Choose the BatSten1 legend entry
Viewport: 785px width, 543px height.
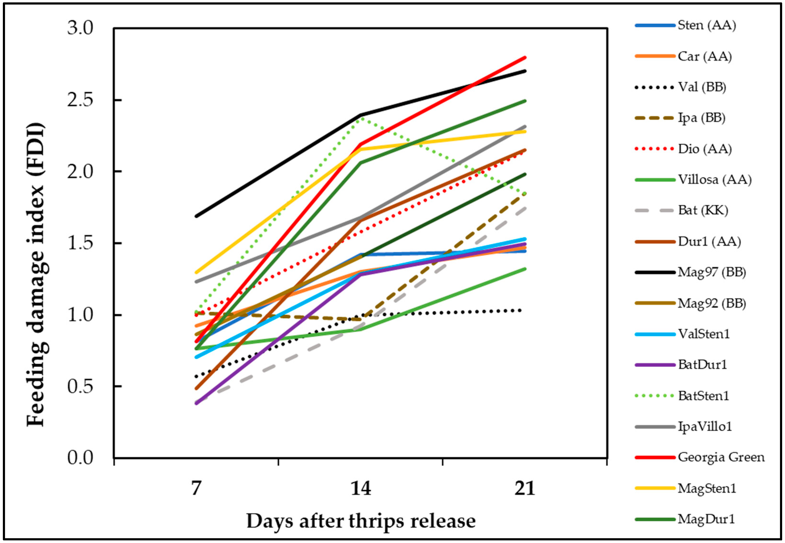click(703, 396)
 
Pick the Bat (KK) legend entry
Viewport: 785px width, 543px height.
click(703, 210)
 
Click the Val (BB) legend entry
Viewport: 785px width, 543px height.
click(702, 87)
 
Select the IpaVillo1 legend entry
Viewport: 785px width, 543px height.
click(705, 426)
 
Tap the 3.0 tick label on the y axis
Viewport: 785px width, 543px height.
click(80, 28)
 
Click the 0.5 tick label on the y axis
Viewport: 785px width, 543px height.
click(80, 387)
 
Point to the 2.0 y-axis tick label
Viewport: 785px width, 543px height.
click(80, 172)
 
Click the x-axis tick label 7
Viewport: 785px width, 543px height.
click(196, 489)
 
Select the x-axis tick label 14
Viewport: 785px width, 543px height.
click(361, 489)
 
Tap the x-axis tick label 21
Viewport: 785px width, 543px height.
click(525, 489)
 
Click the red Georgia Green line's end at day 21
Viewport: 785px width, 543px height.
click(525, 58)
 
